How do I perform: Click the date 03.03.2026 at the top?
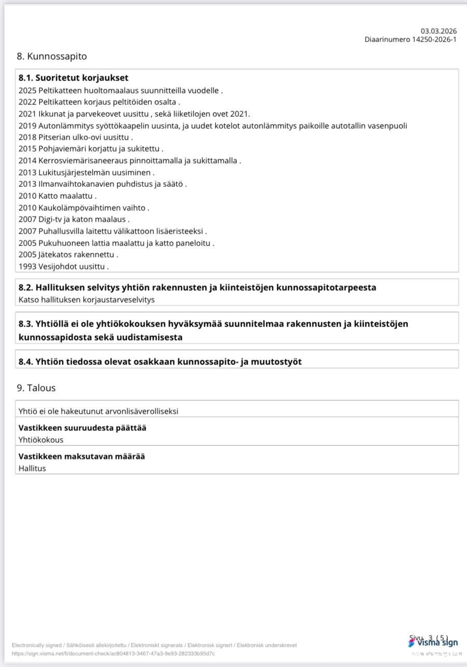tap(438, 31)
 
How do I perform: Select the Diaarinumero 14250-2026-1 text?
tap(410, 39)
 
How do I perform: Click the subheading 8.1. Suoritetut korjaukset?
tap(73, 78)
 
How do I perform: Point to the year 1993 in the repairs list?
tap(27, 267)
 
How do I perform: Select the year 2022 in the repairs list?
tap(27, 102)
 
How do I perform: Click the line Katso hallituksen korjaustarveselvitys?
tap(87, 300)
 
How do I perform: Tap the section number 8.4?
tap(26, 362)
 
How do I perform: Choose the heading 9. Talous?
tap(36, 388)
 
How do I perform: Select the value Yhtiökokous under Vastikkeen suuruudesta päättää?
tap(41, 440)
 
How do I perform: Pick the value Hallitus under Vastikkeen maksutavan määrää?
tap(32, 468)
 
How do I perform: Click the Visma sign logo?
tap(433, 643)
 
